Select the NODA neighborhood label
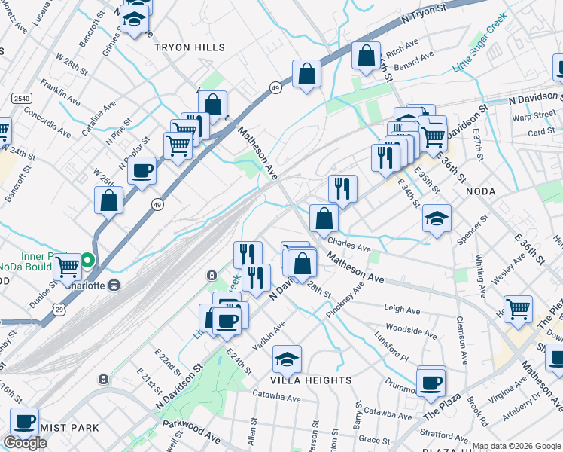coord(481,191)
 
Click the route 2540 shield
coord(21,99)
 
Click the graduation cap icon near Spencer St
coord(437,218)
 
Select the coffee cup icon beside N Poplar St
coord(142,169)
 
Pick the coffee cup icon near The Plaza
coord(431,382)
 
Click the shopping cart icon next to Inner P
coord(68,266)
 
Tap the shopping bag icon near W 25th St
coord(109,200)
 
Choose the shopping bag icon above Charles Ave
coord(324,218)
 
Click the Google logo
coord(26,443)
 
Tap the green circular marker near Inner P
coord(88,261)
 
